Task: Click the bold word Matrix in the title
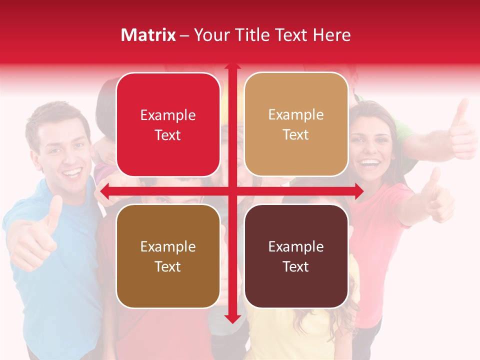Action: click(148, 35)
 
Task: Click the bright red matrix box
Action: click(168, 124)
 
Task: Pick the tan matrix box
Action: click(296, 124)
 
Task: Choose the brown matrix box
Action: click(168, 256)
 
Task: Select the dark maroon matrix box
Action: click(296, 256)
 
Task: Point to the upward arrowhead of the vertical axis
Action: click(232, 66)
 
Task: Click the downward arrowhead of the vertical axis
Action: click(232, 318)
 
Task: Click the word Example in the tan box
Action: click(296, 114)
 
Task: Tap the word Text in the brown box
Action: click(168, 266)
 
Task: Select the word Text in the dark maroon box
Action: click(296, 266)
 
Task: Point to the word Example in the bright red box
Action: click(168, 115)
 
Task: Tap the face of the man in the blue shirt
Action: click(62, 150)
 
